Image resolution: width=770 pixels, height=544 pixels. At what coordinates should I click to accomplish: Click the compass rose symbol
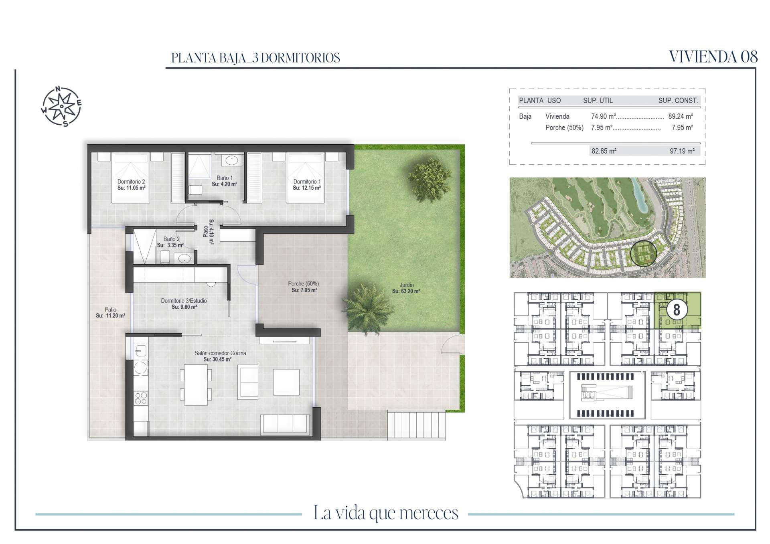[62, 106]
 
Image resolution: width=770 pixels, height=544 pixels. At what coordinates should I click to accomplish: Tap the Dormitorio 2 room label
[131, 182]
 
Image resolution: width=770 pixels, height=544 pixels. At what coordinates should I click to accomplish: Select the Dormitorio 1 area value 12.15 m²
[307, 188]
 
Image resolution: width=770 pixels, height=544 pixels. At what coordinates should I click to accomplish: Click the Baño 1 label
[225, 178]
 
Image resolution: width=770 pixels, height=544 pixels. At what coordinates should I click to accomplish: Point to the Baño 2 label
[172, 239]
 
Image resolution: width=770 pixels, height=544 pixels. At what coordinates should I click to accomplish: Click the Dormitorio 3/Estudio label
[184, 301]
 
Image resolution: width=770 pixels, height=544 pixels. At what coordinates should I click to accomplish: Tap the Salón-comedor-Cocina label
[220, 353]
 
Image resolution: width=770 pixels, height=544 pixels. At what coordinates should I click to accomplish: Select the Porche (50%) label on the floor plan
[304, 284]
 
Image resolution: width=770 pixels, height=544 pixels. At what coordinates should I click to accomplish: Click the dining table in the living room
[196, 384]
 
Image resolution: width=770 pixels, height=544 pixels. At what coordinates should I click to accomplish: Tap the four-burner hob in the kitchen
[141, 398]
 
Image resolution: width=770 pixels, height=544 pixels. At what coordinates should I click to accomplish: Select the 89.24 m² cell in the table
[681, 116]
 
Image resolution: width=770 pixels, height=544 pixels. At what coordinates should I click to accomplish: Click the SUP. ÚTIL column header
[598, 101]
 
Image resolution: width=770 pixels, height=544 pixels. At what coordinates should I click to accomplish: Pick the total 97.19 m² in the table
[682, 151]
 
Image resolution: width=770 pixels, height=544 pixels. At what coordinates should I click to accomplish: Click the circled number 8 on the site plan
[677, 310]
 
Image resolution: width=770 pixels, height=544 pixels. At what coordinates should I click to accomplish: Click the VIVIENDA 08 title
[713, 57]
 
